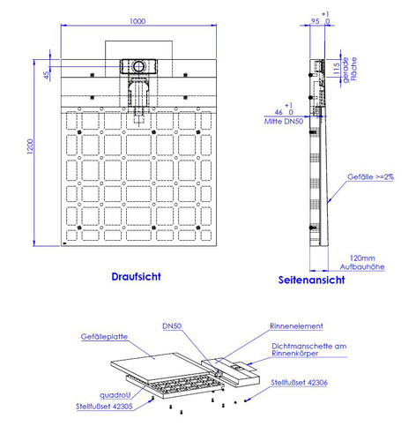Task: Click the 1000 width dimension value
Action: [x=137, y=21]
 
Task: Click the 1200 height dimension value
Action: [x=30, y=146]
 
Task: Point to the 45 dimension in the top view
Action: [x=47, y=75]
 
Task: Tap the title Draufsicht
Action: [x=136, y=277]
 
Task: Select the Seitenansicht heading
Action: [x=311, y=280]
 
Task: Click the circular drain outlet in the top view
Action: [x=138, y=66]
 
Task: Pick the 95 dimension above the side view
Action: [x=315, y=21]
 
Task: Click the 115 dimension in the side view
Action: [x=337, y=68]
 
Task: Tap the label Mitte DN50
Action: [x=284, y=122]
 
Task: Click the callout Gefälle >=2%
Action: [x=370, y=176]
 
